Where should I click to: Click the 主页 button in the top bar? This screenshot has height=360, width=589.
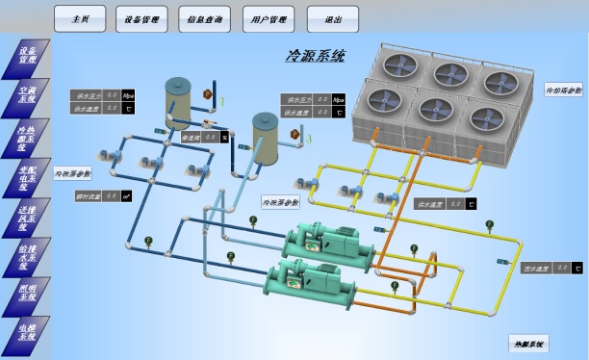[80, 18]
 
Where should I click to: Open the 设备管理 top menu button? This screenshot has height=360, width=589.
[142, 18]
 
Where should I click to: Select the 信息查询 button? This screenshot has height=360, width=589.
[205, 18]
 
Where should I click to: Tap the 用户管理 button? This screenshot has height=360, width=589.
[269, 18]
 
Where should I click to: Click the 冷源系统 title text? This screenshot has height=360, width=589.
[315, 57]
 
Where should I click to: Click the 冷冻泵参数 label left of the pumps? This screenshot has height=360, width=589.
[72, 174]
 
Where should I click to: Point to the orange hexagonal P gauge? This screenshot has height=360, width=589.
[207, 93]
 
